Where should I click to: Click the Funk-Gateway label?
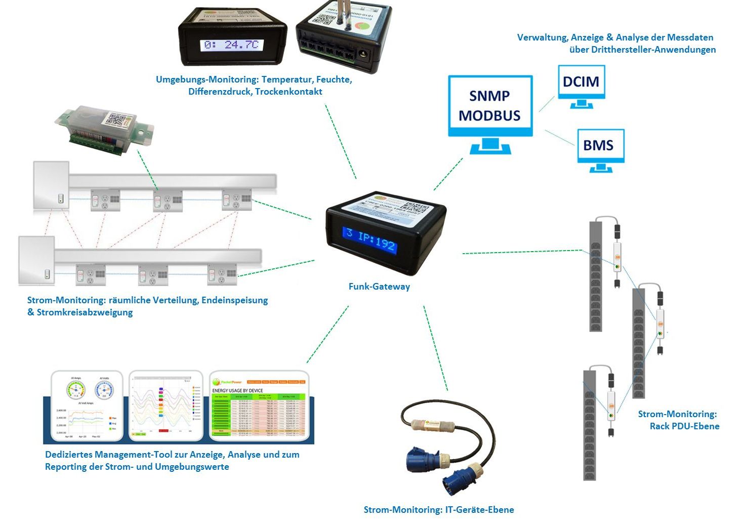click(x=379, y=287)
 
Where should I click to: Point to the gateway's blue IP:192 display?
click(x=371, y=240)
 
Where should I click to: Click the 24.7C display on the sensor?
click(x=232, y=45)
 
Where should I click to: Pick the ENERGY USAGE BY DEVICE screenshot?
click(x=259, y=407)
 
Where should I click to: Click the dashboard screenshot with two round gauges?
click(x=87, y=407)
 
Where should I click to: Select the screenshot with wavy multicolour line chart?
click(x=166, y=407)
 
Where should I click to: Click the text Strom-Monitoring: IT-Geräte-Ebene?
click(x=438, y=510)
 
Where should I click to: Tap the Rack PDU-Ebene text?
click(x=684, y=426)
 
